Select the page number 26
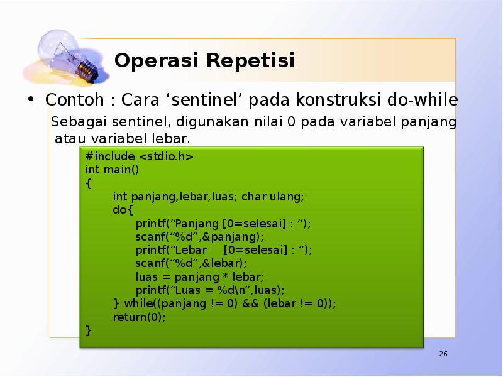[443, 355]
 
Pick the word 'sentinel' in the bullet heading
[218, 100]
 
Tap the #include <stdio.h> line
[139, 156]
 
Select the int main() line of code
[112, 170]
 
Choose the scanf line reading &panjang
[199, 237]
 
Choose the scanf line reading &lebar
[191, 263]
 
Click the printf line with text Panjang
[223, 224]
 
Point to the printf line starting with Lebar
[223, 250]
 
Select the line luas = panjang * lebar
[199, 276]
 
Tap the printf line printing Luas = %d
[209, 290]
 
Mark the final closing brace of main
[89, 330]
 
